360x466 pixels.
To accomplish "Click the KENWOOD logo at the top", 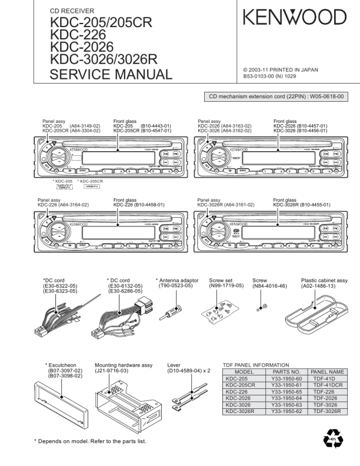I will click(295, 18).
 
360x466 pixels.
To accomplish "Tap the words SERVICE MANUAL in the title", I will click(111, 75).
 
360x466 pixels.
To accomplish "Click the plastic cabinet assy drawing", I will click(321, 312).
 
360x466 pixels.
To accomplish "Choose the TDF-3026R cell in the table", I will click(328, 411).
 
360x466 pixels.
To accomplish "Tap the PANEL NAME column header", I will click(328, 372).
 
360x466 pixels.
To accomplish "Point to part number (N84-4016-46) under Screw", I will click(269, 286).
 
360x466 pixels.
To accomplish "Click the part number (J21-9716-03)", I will click(112, 371).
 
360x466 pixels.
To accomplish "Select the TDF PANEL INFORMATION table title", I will click(256, 365).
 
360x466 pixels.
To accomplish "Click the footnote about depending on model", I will click(90, 441).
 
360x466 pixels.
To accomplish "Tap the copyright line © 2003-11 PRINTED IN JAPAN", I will click(281, 69).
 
